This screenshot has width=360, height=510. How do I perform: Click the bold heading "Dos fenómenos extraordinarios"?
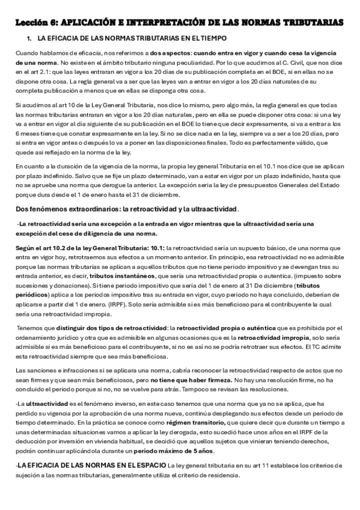coord(64,209)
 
